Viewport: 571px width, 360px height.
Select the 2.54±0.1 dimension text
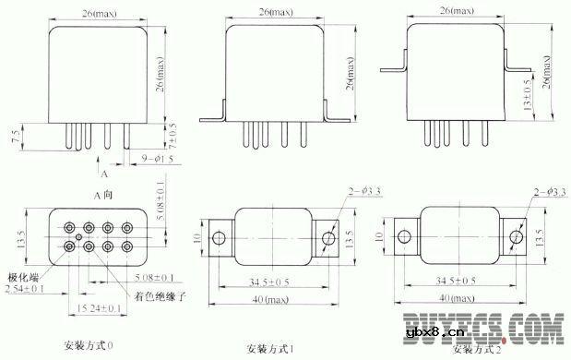point(26,289)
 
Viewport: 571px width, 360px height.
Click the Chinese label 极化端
point(24,276)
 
